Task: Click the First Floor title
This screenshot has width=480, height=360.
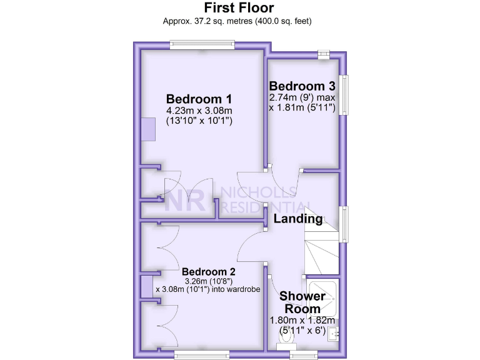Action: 239,7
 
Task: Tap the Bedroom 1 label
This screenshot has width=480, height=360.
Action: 199,99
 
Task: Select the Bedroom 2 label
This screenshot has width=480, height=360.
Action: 209,272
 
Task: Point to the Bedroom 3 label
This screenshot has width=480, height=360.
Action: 302,86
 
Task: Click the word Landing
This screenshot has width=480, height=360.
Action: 298,219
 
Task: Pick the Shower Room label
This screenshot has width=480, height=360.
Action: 302,302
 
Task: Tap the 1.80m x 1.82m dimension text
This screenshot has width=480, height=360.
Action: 297,320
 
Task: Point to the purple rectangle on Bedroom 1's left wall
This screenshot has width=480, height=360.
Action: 147,130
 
